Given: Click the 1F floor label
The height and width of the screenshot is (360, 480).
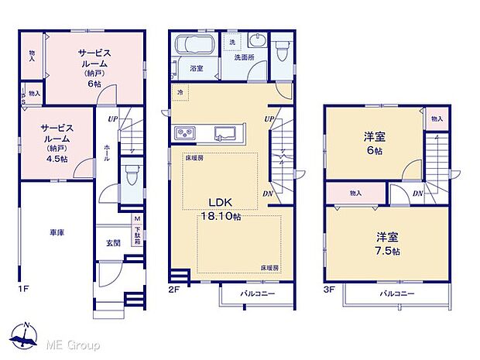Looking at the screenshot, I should pyautogui.click(x=23, y=289).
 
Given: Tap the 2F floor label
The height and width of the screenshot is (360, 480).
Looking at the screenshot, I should pyautogui.click(x=174, y=289).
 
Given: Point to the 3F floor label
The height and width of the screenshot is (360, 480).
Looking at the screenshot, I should pyautogui.click(x=327, y=289).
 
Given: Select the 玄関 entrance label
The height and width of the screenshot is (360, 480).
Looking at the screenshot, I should pyautogui.click(x=113, y=243).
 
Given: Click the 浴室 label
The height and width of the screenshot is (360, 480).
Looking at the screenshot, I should pyautogui.click(x=197, y=69).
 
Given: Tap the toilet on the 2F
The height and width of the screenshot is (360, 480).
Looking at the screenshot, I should pyautogui.click(x=283, y=50).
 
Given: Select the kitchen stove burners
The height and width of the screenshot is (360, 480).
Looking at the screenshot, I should pyautogui.click(x=188, y=135).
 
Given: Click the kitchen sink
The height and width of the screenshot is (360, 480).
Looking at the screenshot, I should pyautogui.click(x=226, y=134).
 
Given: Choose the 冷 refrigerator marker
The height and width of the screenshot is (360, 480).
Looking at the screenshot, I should pyautogui.click(x=180, y=93).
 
